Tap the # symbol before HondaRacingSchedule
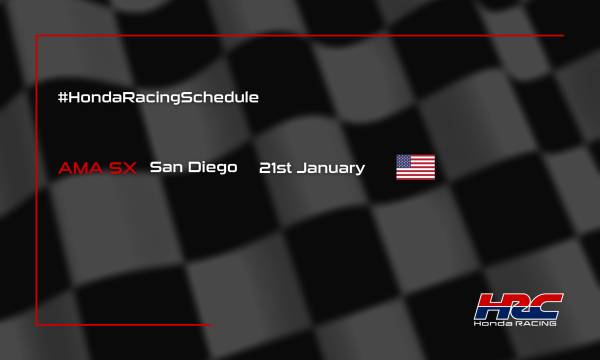(65, 98)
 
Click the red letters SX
(123, 167)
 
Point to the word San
(163, 167)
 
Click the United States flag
(415, 167)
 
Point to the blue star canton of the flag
(405, 161)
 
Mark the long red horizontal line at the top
(300, 36)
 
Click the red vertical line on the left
(37, 180)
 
